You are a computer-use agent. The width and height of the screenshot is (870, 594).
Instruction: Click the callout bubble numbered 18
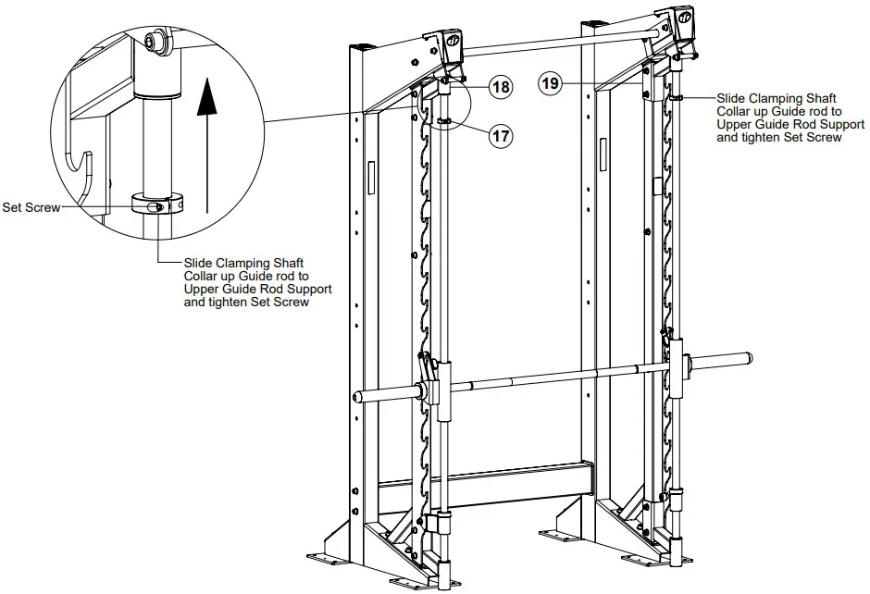coord(500,88)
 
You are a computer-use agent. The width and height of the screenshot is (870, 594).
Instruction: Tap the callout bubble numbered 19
coord(551,83)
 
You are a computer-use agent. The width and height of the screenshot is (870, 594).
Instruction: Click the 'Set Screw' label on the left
coord(31,208)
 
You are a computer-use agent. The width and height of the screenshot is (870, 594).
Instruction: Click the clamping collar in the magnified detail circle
coord(158,204)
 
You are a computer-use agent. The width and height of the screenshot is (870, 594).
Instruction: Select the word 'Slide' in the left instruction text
coord(200,263)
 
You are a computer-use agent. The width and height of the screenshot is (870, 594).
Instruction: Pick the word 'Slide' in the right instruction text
coord(733,97)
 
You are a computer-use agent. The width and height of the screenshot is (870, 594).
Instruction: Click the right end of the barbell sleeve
coord(748,355)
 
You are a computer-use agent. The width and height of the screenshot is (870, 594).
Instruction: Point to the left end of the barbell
coord(357,397)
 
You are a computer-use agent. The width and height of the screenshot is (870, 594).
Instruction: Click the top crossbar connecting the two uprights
coord(555,39)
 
